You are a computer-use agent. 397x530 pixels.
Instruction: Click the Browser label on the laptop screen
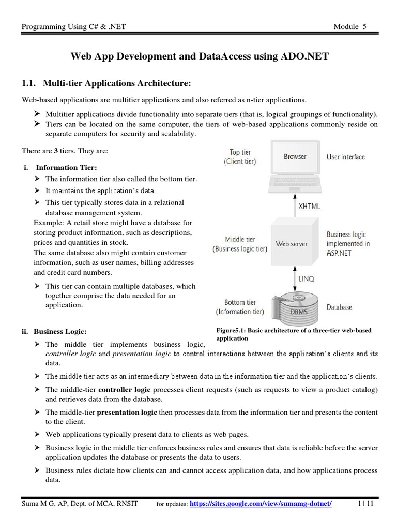tap(295, 156)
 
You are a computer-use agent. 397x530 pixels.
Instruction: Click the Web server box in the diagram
tap(292, 244)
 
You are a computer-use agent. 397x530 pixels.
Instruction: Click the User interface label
tap(345, 157)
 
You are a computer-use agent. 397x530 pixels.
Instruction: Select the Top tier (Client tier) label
tap(240, 157)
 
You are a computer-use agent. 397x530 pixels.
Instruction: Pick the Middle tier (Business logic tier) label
tap(240, 244)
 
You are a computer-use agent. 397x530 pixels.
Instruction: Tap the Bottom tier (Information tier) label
tap(240, 307)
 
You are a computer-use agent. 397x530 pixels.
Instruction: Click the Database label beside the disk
tap(339, 307)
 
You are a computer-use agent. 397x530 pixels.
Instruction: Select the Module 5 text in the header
tap(350, 27)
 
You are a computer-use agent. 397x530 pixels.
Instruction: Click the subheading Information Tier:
tap(66, 167)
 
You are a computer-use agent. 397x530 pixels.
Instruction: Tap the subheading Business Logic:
tap(60, 331)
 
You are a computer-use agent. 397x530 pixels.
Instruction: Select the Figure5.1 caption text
tap(294, 334)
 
